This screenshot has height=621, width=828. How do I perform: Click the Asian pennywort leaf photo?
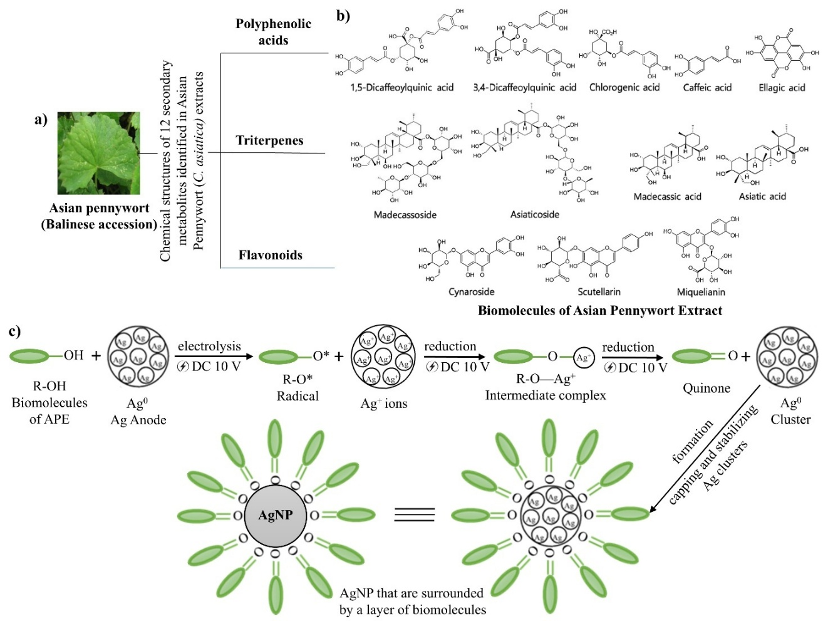[x=98, y=154]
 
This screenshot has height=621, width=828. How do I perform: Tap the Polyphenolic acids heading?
[x=273, y=32]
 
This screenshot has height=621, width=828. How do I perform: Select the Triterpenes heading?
[x=269, y=140]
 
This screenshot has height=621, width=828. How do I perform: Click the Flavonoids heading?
[x=271, y=255]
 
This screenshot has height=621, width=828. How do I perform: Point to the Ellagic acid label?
[x=782, y=88]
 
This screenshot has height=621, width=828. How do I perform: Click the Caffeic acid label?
[x=707, y=88]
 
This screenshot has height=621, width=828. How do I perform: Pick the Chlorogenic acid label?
[x=624, y=88]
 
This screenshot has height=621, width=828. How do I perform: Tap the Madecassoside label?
[x=405, y=215]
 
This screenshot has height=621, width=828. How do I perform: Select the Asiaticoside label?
[x=534, y=214]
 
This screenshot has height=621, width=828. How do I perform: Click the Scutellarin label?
[x=599, y=292]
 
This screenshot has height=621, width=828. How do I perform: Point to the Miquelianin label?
[x=701, y=292]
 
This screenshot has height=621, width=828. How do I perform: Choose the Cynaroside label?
[x=471, y=292]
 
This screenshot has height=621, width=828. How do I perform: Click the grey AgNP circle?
[x=276, y=515]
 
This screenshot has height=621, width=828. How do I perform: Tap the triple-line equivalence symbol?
[x=414, y=515]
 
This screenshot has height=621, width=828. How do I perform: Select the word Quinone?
[x=706, y=389]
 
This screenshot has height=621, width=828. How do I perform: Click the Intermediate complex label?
[x=546, y=395]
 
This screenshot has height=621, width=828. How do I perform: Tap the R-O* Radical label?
[x=298, y=387]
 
